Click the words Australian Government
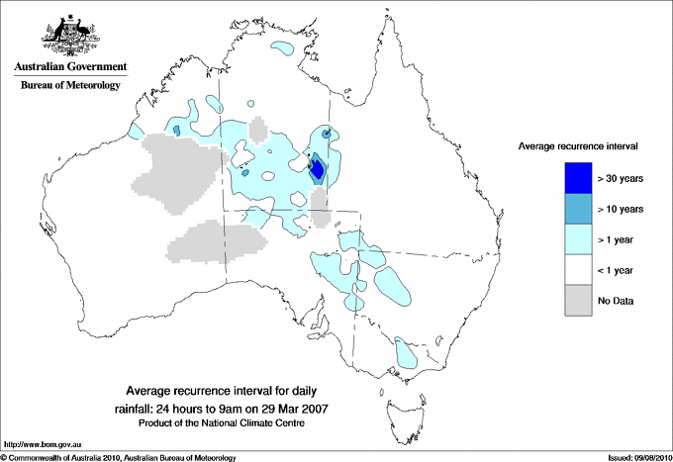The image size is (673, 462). click(x=69, y=67)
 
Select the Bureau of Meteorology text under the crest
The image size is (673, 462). click(x=69, y=85)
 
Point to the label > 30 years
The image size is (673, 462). click(x=621, y=179)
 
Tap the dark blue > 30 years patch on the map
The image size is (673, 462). click(x=317, y=169)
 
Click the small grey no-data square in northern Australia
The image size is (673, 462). click(x=257, y=129)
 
